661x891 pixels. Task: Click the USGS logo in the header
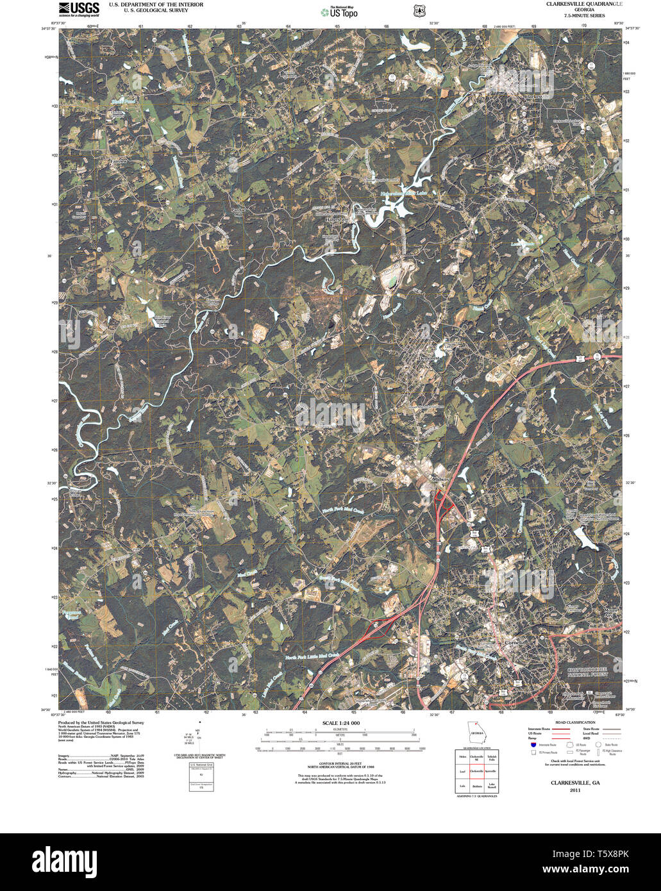(79, 8)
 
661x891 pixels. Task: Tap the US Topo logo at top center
(340, 12)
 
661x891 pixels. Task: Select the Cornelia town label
(515, 643)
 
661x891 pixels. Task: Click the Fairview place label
(119, 161)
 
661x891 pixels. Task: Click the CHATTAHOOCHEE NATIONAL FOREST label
(594, 673)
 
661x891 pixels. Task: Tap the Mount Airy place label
(611, 613)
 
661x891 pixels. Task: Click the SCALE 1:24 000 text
(341, 723)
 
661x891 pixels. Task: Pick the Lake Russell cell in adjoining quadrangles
(492, 785)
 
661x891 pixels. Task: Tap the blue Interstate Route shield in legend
(533, 744)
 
